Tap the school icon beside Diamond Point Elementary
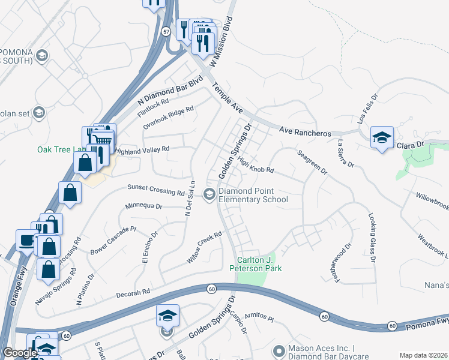pyautogui.click(x=209, y=194)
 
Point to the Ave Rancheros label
pyautogui.click(x=306, y=131)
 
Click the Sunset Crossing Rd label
pyautogui.click(x=155, y=190)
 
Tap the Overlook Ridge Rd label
pyautogui.click(x=168, y=118)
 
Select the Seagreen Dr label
pyautogui.click(x=312, y=161)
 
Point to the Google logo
pyautogui.click(x=19, y=353)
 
